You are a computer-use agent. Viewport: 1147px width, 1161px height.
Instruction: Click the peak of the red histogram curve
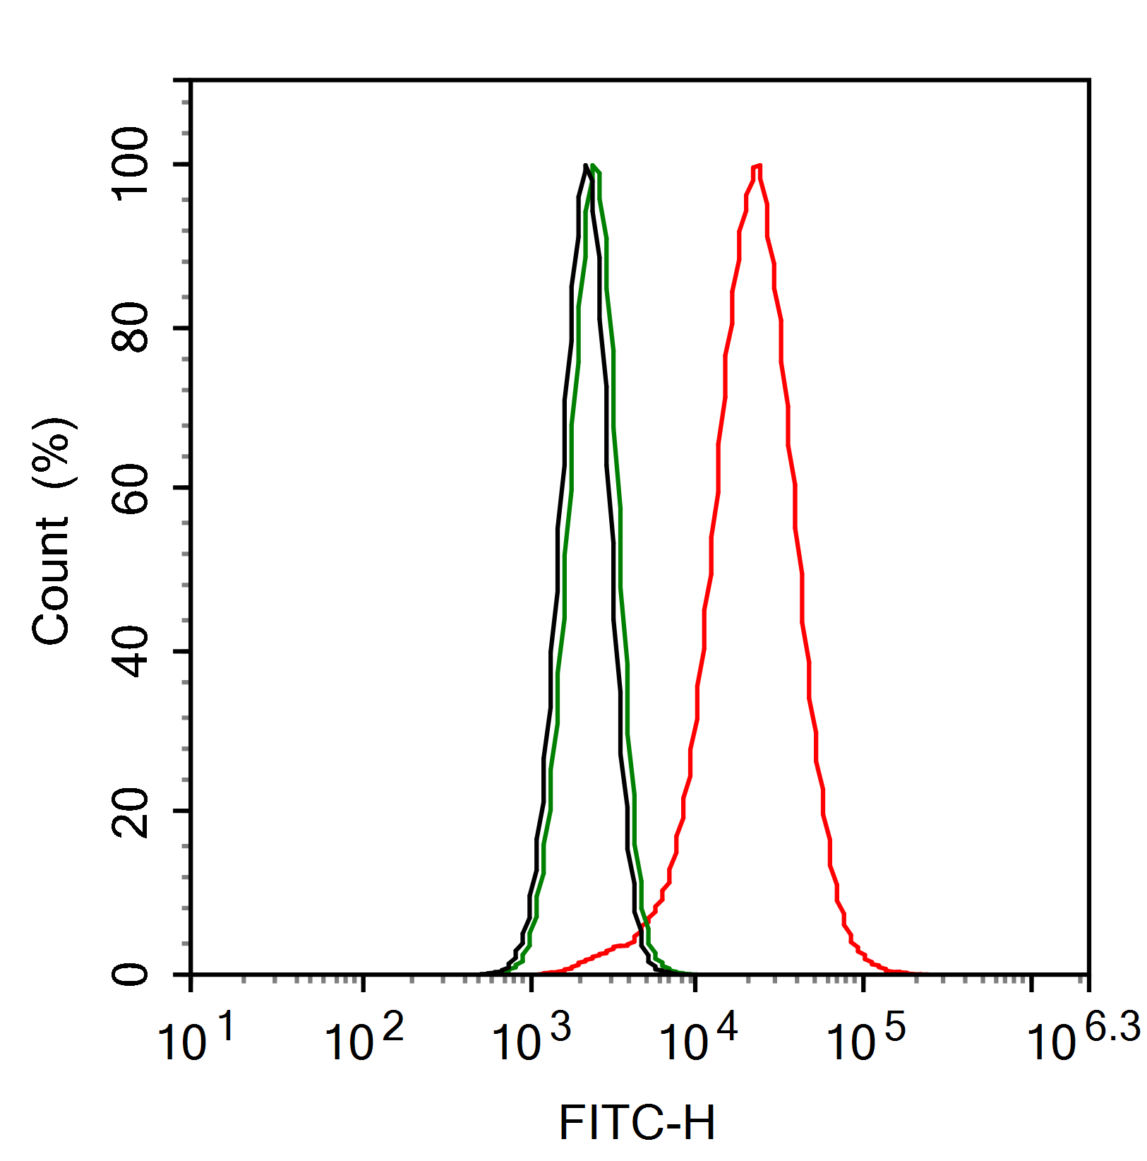(757, 167)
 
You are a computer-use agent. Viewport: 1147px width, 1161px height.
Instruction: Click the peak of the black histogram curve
(586, 167)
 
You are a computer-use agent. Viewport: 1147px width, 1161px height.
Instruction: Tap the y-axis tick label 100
(131, 165)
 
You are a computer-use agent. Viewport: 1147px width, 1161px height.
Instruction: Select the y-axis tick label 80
(131, 328)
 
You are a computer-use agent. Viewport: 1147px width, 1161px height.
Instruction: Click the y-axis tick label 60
(131, 489)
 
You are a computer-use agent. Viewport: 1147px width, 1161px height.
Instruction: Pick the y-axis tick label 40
(131, 651)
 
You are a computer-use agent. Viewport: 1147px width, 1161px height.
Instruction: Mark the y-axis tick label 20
(131, 812)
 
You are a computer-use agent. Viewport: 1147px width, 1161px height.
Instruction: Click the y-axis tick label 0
(131, 975)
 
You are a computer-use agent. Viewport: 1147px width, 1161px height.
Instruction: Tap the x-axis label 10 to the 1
(196, 1038)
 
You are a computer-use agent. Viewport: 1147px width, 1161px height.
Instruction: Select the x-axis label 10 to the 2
(364, 1038)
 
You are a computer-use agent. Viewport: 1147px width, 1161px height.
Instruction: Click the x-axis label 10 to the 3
(531, 1038)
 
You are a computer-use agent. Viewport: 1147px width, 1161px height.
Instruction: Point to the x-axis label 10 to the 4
(697, 1038)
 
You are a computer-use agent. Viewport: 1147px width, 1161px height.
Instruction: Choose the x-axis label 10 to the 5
(865, 1038)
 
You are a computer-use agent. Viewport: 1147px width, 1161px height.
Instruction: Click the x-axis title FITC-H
(637, 1123)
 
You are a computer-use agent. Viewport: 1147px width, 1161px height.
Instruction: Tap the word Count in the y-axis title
(51, 580)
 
